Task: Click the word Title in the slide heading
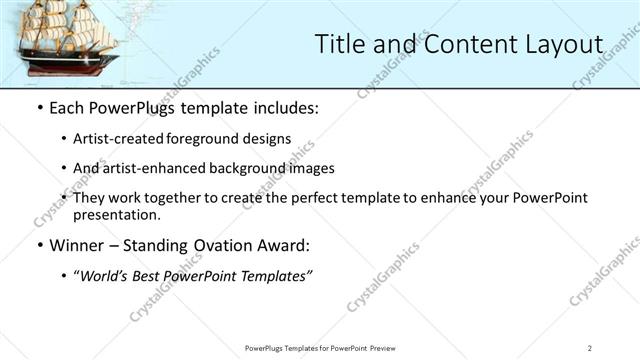pos(340,43)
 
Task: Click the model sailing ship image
pos(67,42)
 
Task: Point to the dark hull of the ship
pos(65,71)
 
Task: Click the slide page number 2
pos(590,347)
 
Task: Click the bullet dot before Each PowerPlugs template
pos(39,108)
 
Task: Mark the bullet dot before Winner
pos(39,245)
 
